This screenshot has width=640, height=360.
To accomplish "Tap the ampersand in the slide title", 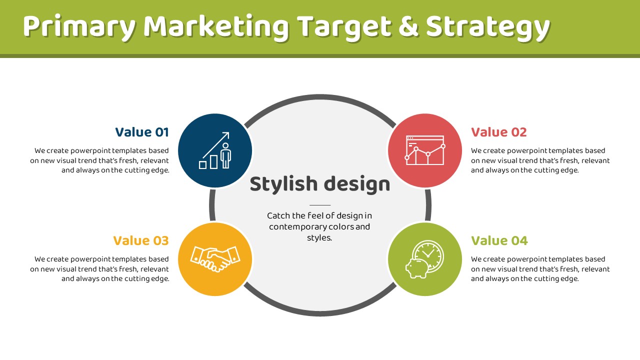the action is (x=408, y=26).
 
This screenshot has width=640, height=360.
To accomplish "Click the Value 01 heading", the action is (x=142, y=132).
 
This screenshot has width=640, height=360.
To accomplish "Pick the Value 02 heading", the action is (x=498, y=132).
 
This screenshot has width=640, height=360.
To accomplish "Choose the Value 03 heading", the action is (x=141, y=240).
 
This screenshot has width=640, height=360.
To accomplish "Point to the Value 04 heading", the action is (x=499, y=240).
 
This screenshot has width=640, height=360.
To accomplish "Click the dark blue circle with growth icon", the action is (x=215, y=150).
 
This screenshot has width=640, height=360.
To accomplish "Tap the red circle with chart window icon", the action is (x=425, y=150).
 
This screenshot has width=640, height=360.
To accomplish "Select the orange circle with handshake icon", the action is (x=215, y=259).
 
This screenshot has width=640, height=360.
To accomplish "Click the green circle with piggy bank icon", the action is (x=425, y=259).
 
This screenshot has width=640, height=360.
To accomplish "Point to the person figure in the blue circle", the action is (x=225, y=155).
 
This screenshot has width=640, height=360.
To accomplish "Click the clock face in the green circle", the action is (x=428, y=253).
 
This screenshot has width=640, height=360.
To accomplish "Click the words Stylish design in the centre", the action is (x=320, y=184).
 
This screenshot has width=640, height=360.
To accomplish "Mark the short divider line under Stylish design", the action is (x=320, y=205).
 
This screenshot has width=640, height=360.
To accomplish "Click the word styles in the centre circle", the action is (x=319, y=237).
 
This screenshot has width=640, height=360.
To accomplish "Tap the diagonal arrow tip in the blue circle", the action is (x=229, y=132).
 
